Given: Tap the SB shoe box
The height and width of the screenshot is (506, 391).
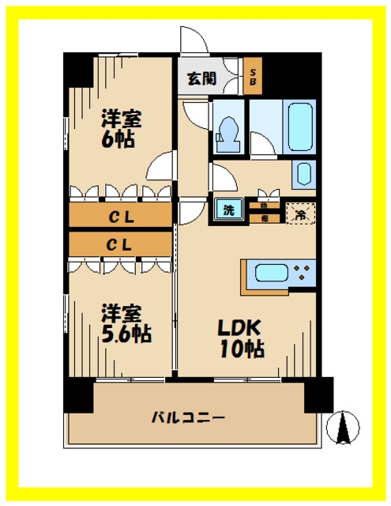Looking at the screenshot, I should pos(254,77).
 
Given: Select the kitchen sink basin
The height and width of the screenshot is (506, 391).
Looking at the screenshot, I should pos(268,275).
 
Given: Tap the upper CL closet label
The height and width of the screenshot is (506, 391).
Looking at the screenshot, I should pos(120,214).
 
